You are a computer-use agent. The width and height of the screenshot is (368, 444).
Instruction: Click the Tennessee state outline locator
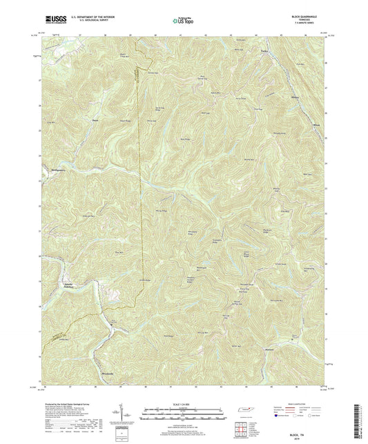point(247,411)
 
